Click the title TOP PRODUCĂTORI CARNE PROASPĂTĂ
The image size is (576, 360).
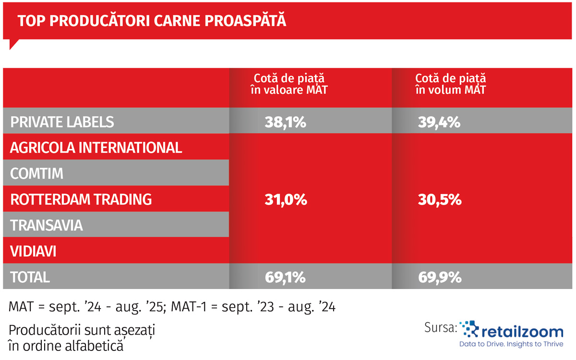tap(152, 21)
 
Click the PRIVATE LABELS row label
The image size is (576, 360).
tap(62, 122)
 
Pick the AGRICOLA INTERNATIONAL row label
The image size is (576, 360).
tap(96, 147)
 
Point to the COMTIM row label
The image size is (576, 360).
tap(37, 173)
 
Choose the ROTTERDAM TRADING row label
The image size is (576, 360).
tap(81, 199)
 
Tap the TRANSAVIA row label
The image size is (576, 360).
tap(47, 225)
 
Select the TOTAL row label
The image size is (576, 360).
tap(30, 277)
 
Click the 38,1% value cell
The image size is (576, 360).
tap(285, 122)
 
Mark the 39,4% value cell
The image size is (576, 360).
tap(440, 122)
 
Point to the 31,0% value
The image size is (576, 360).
tap(286, 200)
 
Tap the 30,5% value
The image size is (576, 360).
tap(440, 200)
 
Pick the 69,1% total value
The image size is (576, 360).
tap(285, 277)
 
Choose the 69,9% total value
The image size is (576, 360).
tap(440, 277)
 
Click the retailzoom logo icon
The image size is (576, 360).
tap(469, 330)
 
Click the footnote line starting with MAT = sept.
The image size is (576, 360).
tap(172, 306)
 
